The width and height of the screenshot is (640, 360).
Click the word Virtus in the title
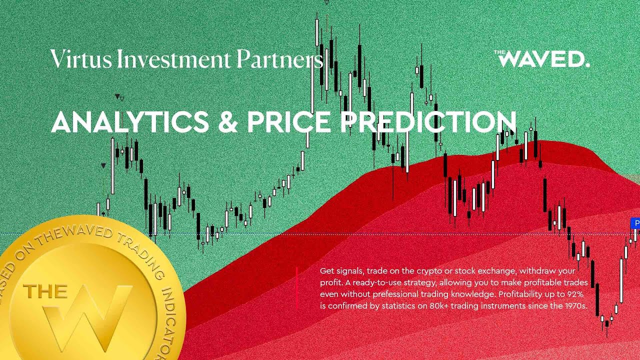pyautogui.click(x=81, y=59)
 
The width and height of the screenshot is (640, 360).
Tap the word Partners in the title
pyautogui.click(x=279, y=59)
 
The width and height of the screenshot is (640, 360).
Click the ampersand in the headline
pyautogui.click(x=228, y=122)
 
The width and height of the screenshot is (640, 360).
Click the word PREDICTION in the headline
pyautogui.click(x=428, y=122)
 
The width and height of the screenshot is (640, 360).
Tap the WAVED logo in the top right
pyautogui.click(x=542, y=59)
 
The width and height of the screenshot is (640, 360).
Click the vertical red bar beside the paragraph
pyautogui.click(x=296, y=287)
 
